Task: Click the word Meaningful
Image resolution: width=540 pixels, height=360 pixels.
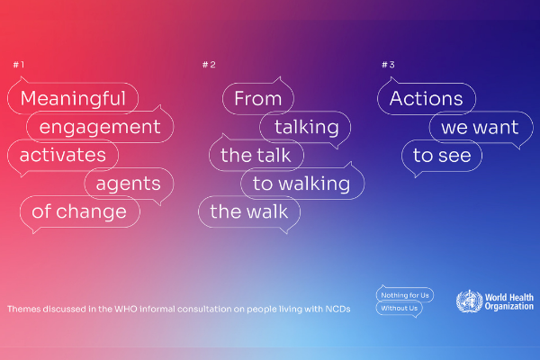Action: pyautogui.click(x=73, y=99)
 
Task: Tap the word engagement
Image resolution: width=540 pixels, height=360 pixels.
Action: pyautogui.click(x=100, y=128)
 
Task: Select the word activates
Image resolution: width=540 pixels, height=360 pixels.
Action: pyautogui.click(x=63, y=155)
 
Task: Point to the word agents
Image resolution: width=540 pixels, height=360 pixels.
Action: pyautogui.click(x=128, y=184)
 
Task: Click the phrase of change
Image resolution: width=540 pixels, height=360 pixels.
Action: pyautogui.click(x=79, y=211)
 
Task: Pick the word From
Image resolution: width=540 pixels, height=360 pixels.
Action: pyautogui.click(x=258, y=98)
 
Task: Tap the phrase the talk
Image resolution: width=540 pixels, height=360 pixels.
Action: pyautogui.click(x=256, y=155)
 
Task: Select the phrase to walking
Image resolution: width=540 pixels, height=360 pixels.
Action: pyautogui.click(x=301, y=184)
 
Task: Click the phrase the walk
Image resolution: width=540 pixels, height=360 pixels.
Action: pyautogui.click(x=248, y=211)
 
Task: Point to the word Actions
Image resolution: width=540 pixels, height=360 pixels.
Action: pyautogui.click(x=426, y=98)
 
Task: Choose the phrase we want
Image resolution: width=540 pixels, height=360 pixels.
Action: pyautogui.click(x=480, y=128)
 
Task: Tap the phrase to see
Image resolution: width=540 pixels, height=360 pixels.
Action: pyautogui.click(x=442, y=156)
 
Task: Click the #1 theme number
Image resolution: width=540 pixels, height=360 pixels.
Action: pyautogui.click(x=19, y=65)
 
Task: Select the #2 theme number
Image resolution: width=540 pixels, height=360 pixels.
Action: pyautogui.click(x=209, y=65)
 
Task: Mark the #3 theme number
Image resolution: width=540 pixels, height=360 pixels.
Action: pyautogui.click(x=388, y=65)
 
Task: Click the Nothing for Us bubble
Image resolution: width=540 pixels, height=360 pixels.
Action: pyautogui.click(x=405, y=294)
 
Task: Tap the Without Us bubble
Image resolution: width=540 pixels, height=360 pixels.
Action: pyautogui.click(x=399, y=308)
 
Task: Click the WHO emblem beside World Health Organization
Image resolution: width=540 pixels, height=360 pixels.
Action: pyautogui.click(x=469, y=301)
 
